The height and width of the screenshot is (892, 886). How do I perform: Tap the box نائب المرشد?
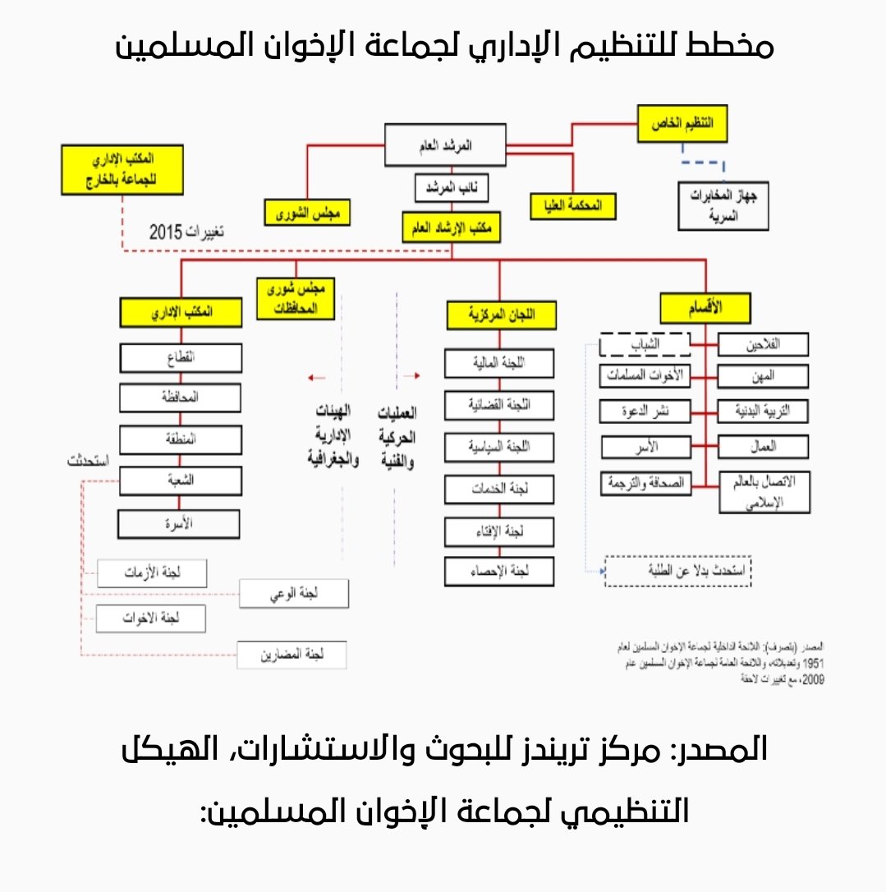tap(452, 188)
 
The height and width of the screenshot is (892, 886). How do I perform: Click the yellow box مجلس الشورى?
tap(307, 212)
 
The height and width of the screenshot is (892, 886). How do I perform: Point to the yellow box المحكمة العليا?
tap(573, 205)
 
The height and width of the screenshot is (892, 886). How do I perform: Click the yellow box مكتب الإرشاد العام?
tap(452, 228)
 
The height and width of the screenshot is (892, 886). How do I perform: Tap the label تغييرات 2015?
tap(186, 232)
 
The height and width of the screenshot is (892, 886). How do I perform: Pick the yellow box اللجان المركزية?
tap(501, 315)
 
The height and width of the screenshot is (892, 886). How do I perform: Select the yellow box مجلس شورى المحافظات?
tap(296, 300)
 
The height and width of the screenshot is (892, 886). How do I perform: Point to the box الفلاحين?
tap(763, 345)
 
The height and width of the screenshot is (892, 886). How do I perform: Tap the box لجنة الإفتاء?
tap(499, 532)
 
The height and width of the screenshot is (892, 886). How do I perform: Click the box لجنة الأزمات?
tap(151, 573)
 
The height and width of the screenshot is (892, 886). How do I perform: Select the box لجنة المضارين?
tap(292, 655)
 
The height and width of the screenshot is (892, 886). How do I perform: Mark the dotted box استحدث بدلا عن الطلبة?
tap(678, 571)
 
